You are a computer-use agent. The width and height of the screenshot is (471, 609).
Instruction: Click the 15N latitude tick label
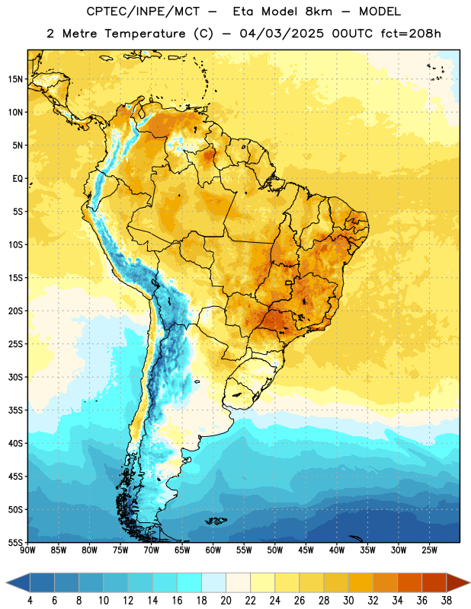[15, 79]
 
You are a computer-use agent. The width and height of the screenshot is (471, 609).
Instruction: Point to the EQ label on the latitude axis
[18, 179]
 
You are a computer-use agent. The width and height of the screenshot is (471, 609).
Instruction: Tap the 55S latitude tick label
[15, 542]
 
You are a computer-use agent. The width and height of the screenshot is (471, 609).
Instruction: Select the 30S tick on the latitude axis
[15, 377]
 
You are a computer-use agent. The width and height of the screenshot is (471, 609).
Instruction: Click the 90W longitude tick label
[27, 550]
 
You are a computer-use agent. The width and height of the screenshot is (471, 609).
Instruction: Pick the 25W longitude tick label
[429, 550]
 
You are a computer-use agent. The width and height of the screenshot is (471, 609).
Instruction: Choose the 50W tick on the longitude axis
[275, 550]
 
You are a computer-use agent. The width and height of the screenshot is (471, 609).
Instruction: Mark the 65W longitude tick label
[182, 550]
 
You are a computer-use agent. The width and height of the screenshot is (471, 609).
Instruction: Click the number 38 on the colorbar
[447, 601]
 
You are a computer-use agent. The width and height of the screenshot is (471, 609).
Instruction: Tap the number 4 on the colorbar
[30, 601]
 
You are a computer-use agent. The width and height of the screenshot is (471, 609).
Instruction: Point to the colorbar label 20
[226, 601]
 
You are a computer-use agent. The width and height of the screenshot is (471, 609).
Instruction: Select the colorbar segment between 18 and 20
[214, 583]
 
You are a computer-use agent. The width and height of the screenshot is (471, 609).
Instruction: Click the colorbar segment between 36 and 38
[434, 583]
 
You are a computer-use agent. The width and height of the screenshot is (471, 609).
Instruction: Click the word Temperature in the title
[146, 33]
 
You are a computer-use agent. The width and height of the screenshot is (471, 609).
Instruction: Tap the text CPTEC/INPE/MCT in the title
[143, 11]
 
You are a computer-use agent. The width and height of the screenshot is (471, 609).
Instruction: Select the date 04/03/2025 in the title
[281, 33]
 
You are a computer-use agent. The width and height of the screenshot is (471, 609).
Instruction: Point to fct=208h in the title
[411, 33]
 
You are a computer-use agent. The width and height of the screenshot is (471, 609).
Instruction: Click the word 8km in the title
[319, 11]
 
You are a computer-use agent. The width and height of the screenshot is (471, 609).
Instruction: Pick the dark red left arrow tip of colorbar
[7, 583]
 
